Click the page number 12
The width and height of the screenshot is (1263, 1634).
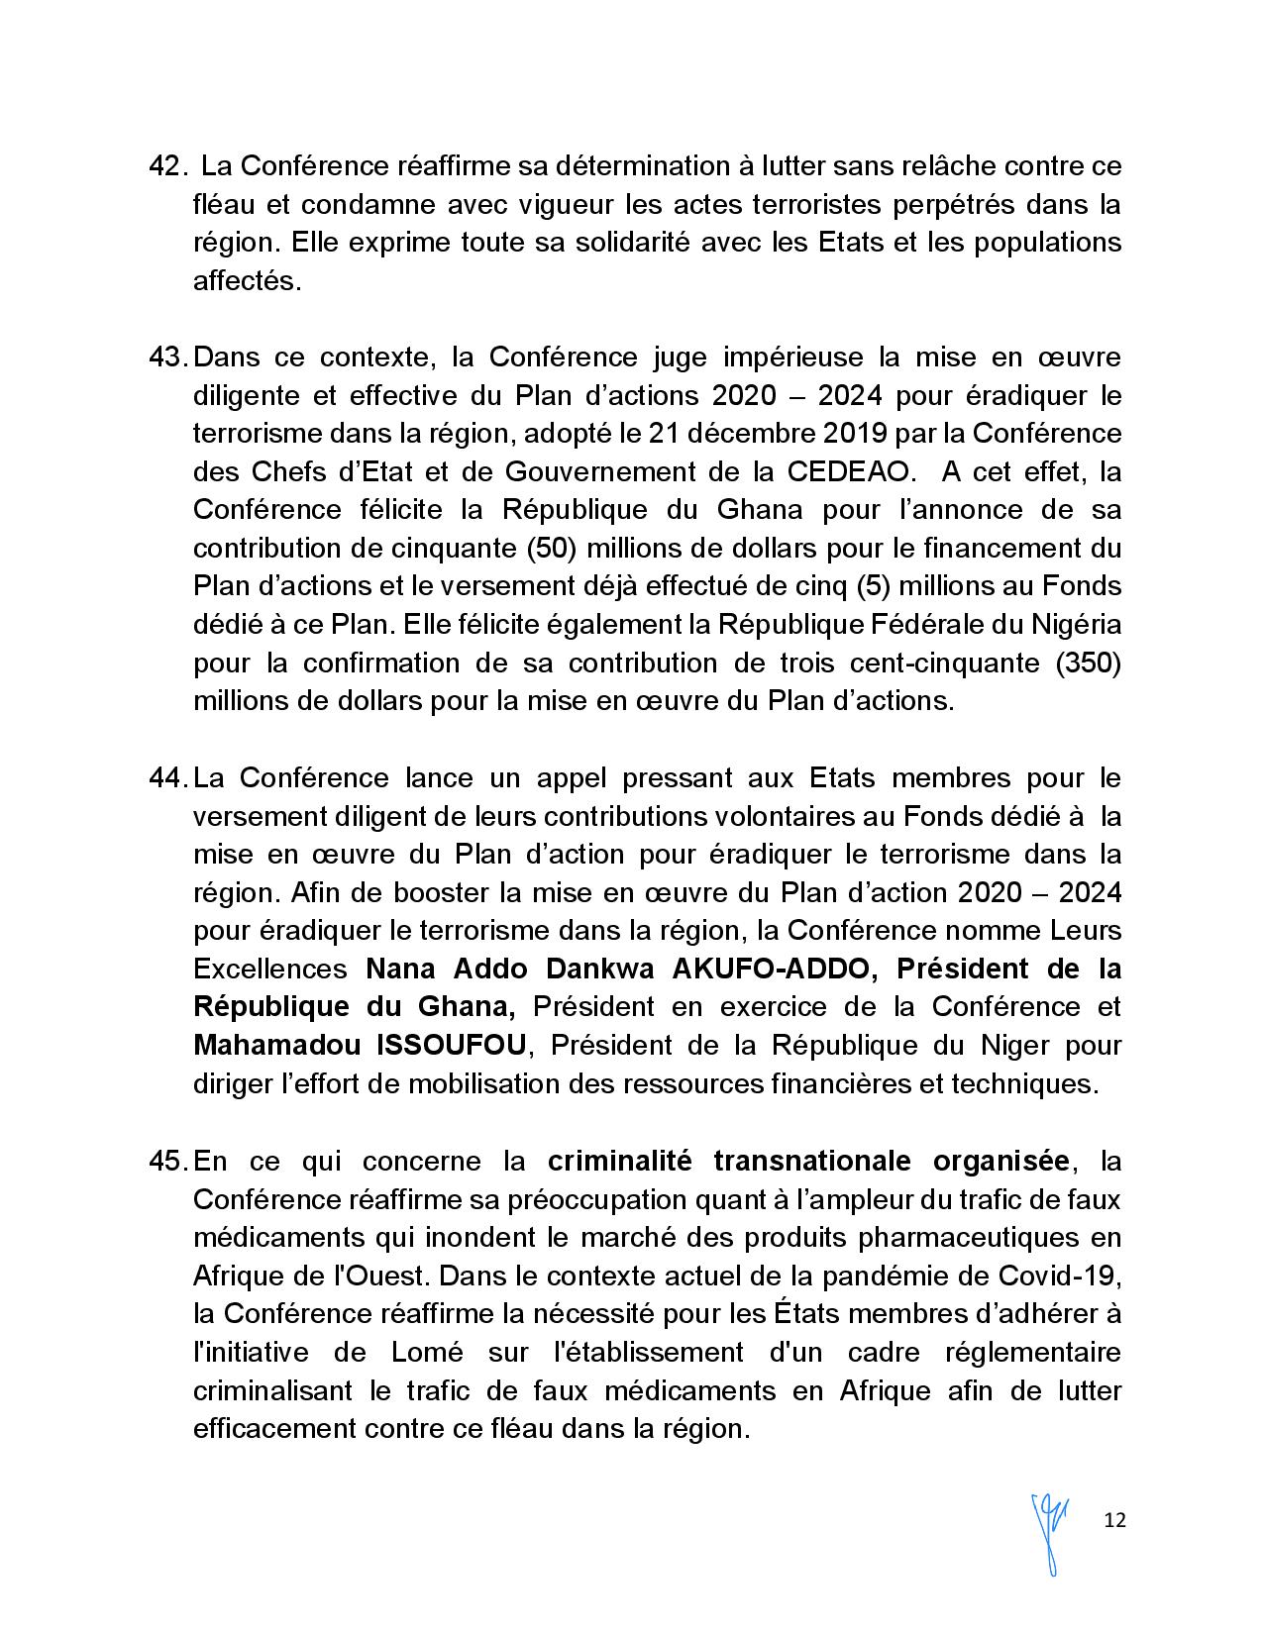(1114, 1520)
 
